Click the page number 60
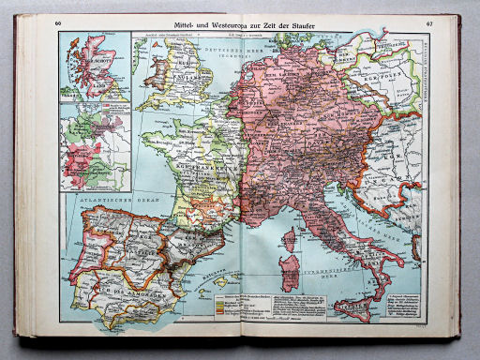point(60,22)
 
